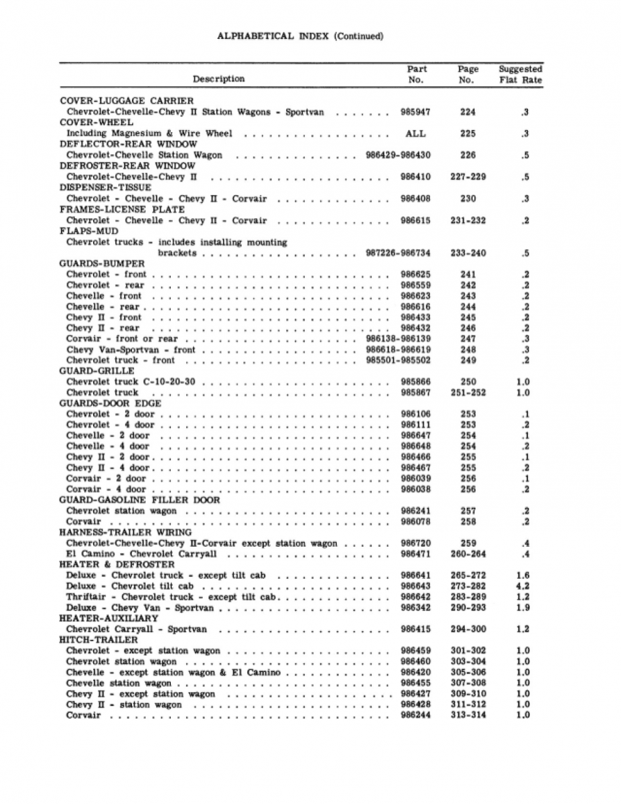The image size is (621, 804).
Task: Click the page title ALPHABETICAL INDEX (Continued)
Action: tap(299, 36)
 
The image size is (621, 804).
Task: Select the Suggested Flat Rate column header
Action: tap(520, 74)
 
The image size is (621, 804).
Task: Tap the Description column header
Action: tap(218, 79)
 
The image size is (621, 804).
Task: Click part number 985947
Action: tap(415, 112)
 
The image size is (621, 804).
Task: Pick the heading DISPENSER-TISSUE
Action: tap(105, 188)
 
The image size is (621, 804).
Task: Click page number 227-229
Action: tap(468, 177)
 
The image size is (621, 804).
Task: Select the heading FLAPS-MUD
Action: tap(88, 231)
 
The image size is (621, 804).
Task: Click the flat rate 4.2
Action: tap(523, 586)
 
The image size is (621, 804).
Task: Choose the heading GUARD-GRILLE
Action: tap(96, 371)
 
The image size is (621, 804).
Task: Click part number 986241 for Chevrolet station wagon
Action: tap(415, 511)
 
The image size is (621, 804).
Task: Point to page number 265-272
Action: tap(468, 575)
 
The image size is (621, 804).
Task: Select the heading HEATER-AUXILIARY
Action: tap(109, 618)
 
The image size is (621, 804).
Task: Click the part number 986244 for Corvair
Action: tap(415, 715)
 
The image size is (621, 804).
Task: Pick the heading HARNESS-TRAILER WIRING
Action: tap(125, 532)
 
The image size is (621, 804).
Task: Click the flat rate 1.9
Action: tap(523, 608)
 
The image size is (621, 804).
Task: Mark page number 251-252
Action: tap(468, 393)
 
